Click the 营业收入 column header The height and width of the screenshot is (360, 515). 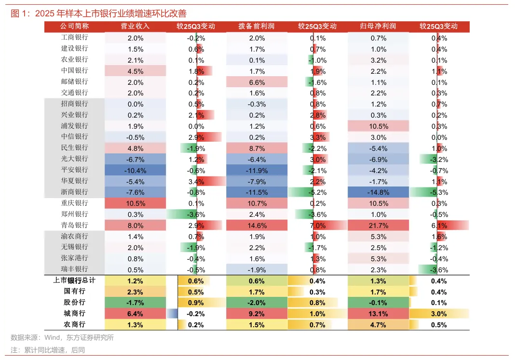click(x=136, y=26)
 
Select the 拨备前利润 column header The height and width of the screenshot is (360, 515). click(x=257, y=26)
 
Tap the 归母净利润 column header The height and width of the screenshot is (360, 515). click(x=379, y=26)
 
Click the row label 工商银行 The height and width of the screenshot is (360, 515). click(x=75, y=38)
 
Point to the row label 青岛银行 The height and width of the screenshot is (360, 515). click(x=75, y=225)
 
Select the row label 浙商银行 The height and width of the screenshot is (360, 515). click(x=75, y=192)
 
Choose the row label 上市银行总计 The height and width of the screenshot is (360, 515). click(x=75, y=280)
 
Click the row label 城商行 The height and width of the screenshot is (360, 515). click(x=75, y=313)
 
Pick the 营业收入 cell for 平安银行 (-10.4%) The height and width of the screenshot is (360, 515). click(x=136, y=170)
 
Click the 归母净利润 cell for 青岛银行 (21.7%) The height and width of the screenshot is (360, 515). click(x=379, y=226)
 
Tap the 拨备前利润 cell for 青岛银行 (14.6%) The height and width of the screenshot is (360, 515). click(x=257, y=226)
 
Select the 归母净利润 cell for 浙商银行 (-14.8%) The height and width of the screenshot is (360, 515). click(x=379, y=192)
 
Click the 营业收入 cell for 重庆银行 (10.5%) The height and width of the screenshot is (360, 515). click(x=136, y=203)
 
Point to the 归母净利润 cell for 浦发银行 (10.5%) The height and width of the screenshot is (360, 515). click(x=379, y=126)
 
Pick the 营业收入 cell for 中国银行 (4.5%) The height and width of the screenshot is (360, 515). click(x=136, y=71)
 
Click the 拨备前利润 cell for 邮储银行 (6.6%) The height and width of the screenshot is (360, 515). click(x=257, y=82)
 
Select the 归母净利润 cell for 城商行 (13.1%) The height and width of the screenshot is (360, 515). click(x=379, y=314)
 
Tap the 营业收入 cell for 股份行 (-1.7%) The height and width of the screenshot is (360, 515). click(x=136, y=303)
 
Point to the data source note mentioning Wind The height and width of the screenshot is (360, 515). click(x=62, y=338)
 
